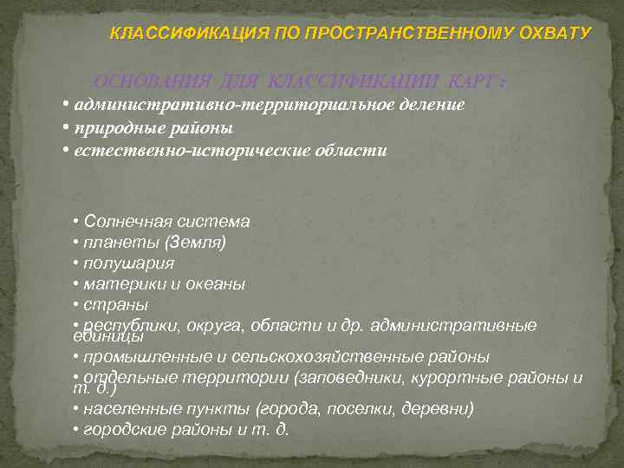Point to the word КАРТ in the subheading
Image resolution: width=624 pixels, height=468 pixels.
(470, 81)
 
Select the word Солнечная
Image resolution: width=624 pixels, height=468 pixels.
(124, 222)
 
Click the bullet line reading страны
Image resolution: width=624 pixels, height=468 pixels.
(115, 305)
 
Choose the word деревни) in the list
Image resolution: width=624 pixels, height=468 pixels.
(442, 409)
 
